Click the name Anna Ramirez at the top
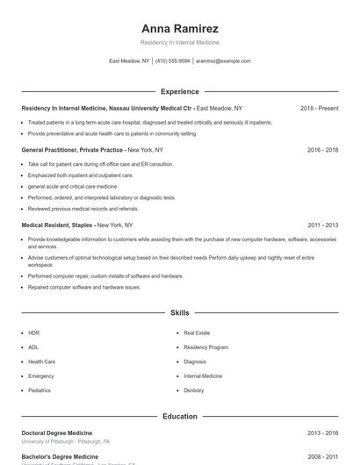[180, 28]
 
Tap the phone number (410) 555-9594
[173, 61]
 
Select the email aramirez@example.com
[223, 61]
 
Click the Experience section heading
[180, 91]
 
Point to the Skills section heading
[180, 312]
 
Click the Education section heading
[180, 416]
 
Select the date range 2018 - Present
[319, 108]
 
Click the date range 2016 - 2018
[322, 150]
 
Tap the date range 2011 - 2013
[322, 225]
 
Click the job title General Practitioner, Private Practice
[72, 150]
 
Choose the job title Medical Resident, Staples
[57, 225]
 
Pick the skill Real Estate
[196, 333]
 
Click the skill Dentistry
[194, 390]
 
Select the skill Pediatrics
[40, 390]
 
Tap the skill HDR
[33, 333]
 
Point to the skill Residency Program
[205, 347]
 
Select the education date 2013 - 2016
[322, 433]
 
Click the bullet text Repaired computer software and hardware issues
[83, 287]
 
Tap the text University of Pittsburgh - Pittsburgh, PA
[66, 442]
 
